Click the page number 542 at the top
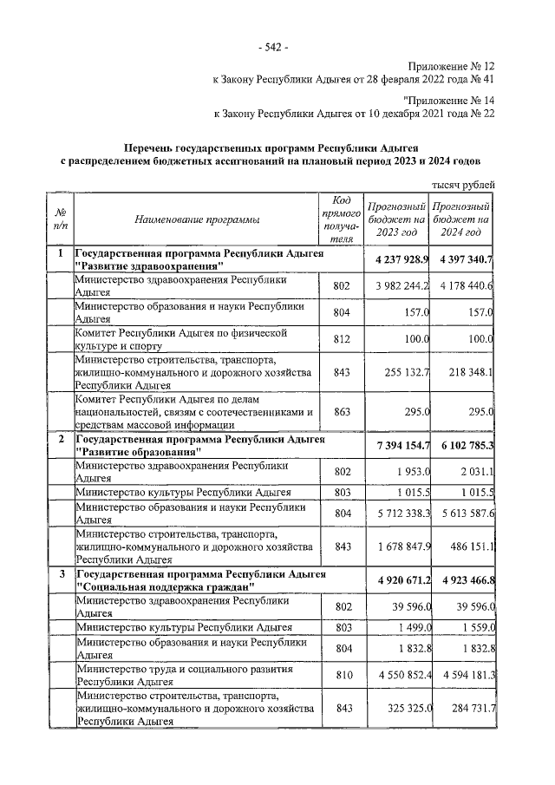pyautogui.click(x=277, y=45)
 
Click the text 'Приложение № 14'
pyautogui.click(x=451, y=100)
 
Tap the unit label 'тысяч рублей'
pyautogui.click(x=464, y=184)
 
